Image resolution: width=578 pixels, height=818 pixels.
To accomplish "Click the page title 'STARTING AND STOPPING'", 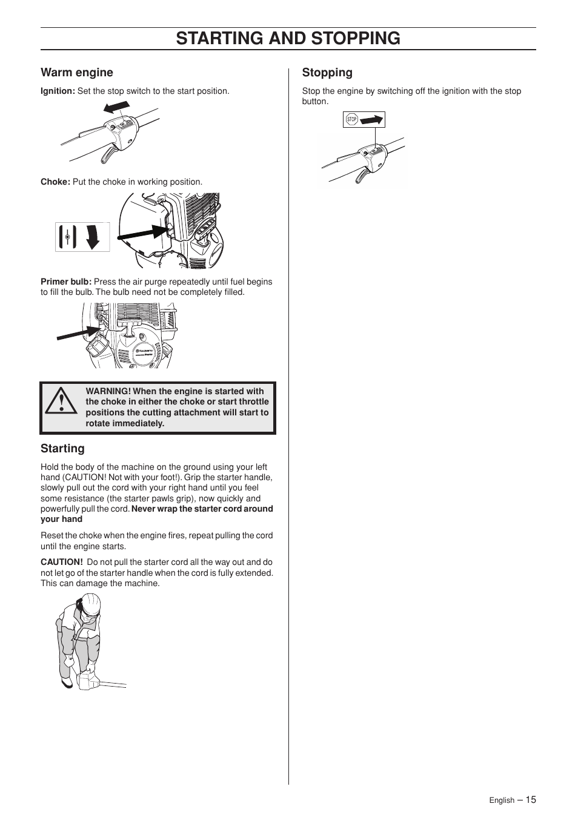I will coord(288,38).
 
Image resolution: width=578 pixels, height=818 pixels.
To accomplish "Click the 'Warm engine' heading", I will coord(77,73).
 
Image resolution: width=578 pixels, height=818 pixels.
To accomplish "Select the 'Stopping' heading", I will coord(327,73).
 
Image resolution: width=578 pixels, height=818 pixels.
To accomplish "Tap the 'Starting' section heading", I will coord(62,449).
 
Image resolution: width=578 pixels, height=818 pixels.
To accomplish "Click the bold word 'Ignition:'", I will coord(58,91).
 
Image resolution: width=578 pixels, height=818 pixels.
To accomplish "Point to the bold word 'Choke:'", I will coord(55,182).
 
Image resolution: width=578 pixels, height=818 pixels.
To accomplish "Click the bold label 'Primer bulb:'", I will coord(66,282).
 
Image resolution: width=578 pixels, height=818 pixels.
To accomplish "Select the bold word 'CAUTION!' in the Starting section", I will coord(61,562).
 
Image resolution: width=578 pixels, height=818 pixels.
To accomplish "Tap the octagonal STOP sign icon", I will coord(351,120).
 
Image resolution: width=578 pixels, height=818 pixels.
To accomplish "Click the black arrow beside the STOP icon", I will coord(371,120).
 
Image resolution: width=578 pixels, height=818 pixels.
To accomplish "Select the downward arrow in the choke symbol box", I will coord(92,237).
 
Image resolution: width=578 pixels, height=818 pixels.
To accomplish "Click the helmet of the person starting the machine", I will coord(91,603).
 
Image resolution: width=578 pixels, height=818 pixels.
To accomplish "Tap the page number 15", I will coord(531,800).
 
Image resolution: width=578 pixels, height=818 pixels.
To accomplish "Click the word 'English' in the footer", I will coord(502,800).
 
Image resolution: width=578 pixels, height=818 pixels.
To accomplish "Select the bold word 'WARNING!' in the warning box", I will coord(108,392).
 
